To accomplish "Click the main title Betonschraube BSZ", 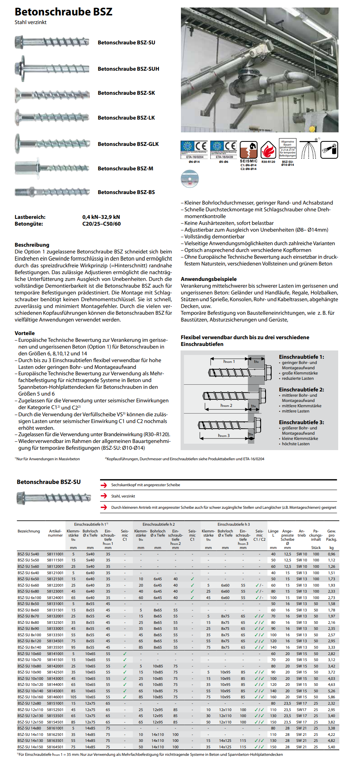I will pos(63,12).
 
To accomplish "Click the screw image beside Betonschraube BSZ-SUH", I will pos(52,69).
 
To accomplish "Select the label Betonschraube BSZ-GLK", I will pos(128,144).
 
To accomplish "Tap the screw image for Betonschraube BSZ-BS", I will pos(52,192).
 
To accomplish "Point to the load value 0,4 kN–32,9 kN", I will pos(101,217).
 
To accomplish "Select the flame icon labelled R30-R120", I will pos(268,150).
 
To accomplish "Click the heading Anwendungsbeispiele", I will pos(208,279).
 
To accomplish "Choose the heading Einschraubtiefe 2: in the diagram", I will pos(301,390).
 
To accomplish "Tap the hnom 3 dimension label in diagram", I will pos(223,435).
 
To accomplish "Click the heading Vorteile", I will pos(24,333).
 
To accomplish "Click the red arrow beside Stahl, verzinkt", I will pos(104,496).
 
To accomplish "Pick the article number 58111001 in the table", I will pos(55,554).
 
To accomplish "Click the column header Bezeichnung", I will pos(29,531).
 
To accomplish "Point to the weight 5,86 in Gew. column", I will pos(331,697).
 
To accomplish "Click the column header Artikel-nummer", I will pos(55,533).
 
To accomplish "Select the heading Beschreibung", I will pos(32,245).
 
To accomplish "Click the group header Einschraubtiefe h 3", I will pos(233,524).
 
